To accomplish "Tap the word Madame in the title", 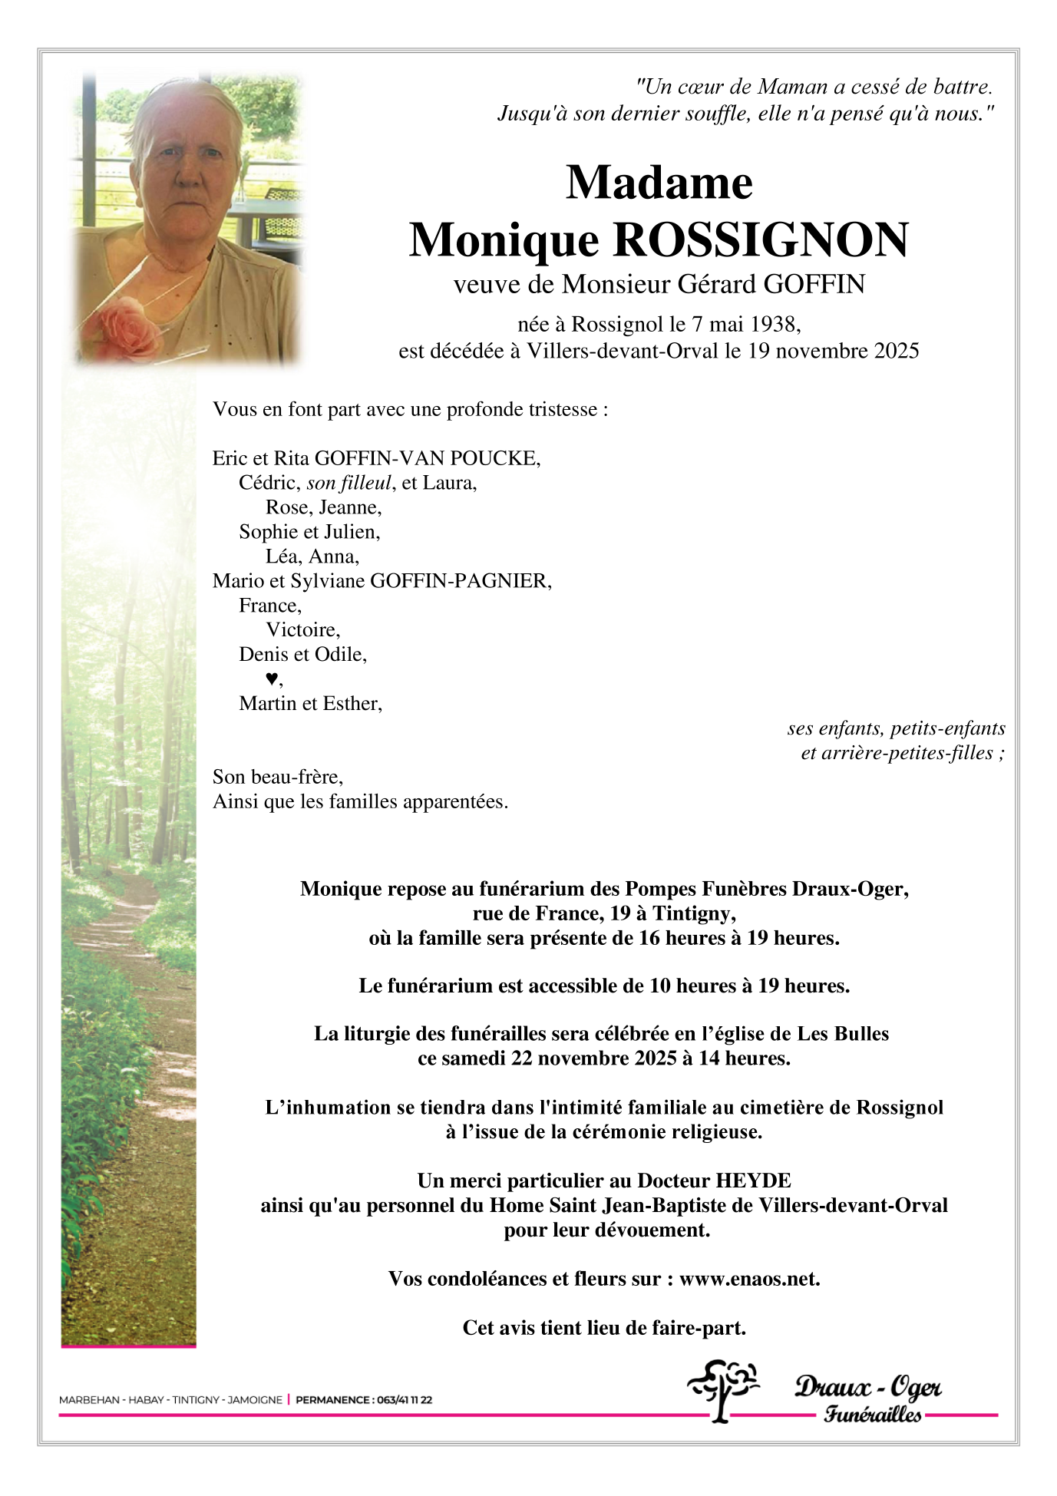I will [659, 183].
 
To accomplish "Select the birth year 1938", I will [775, 325].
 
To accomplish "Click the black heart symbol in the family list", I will [271, 679].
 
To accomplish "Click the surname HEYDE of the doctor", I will [753, 1181].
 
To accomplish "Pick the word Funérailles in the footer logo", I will [873, 1414].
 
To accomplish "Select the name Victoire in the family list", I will [302, 630].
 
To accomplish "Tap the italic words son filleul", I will [349, 483].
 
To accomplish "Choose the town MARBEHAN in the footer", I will [89, 1399].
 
